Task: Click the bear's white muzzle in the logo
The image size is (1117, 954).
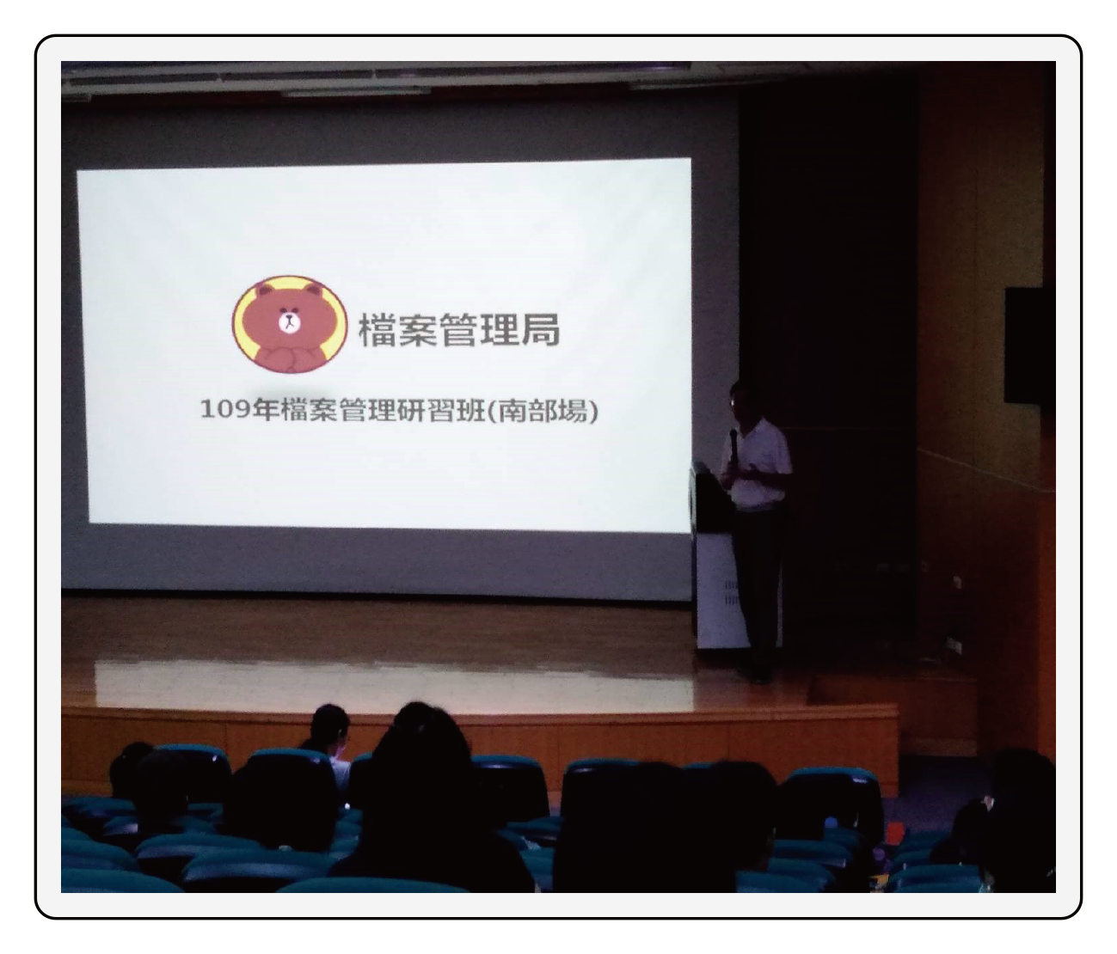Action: [x=289, y=322]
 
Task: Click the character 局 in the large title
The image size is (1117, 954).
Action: [x=540, y=329]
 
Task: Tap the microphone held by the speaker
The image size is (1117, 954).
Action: [x=734, y=447]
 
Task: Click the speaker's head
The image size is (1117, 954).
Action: [x=740, y=400]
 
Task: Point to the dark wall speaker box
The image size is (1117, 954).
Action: [x=1023, y=346]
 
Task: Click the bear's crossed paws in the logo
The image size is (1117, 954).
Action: [x=289, y=358]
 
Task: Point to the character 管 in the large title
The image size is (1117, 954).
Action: [x=459, y=329]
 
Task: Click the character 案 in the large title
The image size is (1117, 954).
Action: [x=419, y=329]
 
